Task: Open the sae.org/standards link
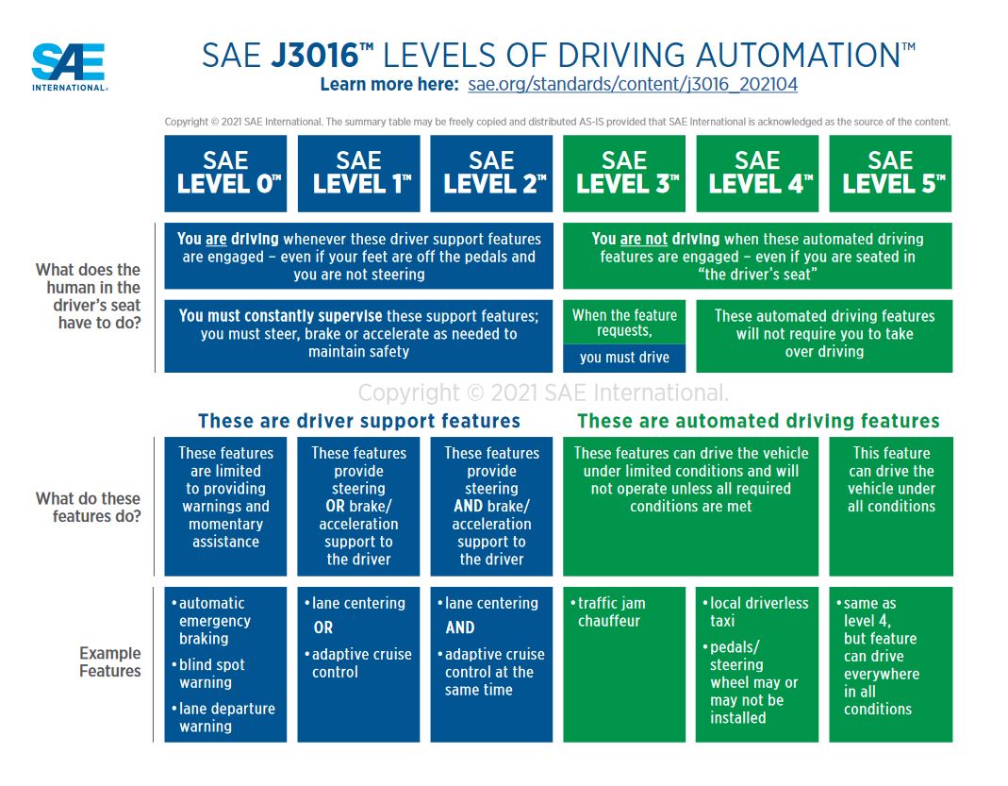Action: pyautogui.click(x=633, y=84)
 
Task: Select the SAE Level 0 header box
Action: pyautogui.click(x=225, y=173)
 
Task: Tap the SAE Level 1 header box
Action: pyautogui.click(x=358, y=173)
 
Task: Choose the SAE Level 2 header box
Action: pyautogui.click(x=491, y=173)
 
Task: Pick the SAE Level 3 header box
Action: pyautogui.click(x=624, y=173)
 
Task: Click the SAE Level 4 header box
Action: pyautogui.click(x=757, y=173)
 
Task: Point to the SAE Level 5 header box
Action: pyautogui.click(x=890, y=173)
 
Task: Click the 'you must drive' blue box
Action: pyautogui.click(x=624, y=359)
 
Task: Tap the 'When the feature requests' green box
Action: pyautogui.click(x=624, y=323)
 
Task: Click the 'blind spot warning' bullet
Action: pyautogui.click(x=208, y=674)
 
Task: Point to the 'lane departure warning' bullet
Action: pyautogui.click(x=223, y=717)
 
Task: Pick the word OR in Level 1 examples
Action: pyautogui.click(x=323, y=627)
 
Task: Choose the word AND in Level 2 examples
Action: pyautogui.click(x=459, y=627)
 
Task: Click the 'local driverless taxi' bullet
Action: pyautogui.click(x=756, y=611)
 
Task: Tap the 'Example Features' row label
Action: pyautogui.click(x=110, y=661)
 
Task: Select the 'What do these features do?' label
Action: pyautogui.click(x=88, y=508)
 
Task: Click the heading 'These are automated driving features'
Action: pyautogui.click(x=758, y=421)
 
